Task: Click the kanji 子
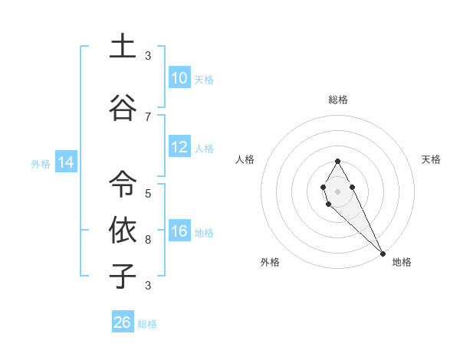coord(123,276)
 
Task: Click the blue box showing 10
coord(179,78)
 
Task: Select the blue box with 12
coord(179,148)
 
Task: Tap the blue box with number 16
coord(179,232)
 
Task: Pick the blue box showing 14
coord(65,162)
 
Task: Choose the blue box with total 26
coord(123,322)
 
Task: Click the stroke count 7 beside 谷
coord(148,116)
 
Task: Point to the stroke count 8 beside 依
coord(148,240)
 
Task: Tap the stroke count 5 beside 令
coord(148,194)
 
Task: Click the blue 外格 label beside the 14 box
coord(41,163)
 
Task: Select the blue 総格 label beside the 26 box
coord(147,324)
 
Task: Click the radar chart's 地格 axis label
coord(402,262)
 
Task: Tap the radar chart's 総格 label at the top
coord(338,100)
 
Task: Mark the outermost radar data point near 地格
coord(383,254)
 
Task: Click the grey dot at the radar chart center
coord(337,190)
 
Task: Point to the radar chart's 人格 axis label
coord(245,159)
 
